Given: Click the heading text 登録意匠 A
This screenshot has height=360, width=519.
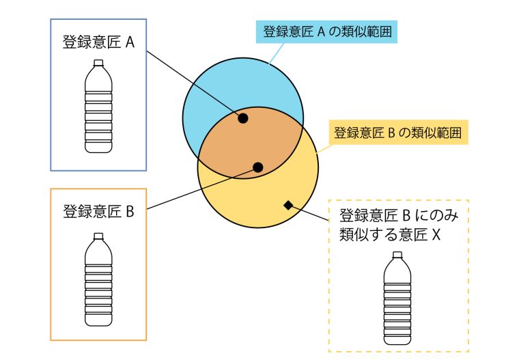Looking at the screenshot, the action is pyautogui.click(x=98, y=42).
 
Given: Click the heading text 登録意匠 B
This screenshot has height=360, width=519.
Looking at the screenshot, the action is pyautogui.click(x=98, y=211).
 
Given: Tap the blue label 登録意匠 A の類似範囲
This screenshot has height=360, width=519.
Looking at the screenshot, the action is pyautogui.click(x=326, y=32).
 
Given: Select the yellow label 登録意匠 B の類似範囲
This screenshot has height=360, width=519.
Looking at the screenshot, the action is pyautogui.click(x=397, y=133).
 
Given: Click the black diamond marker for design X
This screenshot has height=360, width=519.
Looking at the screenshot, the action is pyautogui.click(x=288, y=206).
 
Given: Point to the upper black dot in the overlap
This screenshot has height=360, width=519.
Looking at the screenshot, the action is pyautogui.click(x=243, y=118).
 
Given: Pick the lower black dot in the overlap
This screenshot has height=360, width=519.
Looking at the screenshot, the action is pyautogui.click(x=258, y=167).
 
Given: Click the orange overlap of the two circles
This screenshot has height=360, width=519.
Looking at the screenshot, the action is pyautogui.click(x=251, y=142).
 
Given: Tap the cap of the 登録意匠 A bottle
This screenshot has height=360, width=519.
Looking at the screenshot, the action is pyautogui.click(x=98, y=63).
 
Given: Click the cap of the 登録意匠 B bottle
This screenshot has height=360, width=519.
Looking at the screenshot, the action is pyautogui.click(x=98, y=236).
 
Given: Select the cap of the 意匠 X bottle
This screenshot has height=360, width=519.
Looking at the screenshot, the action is pyautogui.click(x=397, y=255).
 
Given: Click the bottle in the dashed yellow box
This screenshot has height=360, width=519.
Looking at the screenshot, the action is pyautogui.click(x=397, y=298).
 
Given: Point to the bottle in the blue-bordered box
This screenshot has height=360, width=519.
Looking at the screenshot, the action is pyautogui.click(x=98, y=107).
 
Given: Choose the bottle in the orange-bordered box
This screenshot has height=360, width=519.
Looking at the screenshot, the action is pyautogui.click(x=98, y=279).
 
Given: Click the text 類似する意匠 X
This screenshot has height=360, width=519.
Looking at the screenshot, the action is pyautogui.click(x=390, y=234).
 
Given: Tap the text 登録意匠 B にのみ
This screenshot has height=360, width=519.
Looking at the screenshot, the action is pyautogui.click(x=399, y=215).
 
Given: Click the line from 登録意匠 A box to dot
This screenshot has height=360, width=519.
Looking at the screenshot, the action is pyautogui.click(x=195, y=85).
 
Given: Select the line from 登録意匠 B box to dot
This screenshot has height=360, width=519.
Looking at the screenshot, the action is pyautogui.click(x=202, y=188).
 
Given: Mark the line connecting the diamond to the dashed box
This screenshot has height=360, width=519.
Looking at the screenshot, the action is pyautogui.click(x=309, y=213).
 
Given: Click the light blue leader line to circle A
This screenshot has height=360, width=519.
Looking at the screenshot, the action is pyautogui.click(x=276, y=53).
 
